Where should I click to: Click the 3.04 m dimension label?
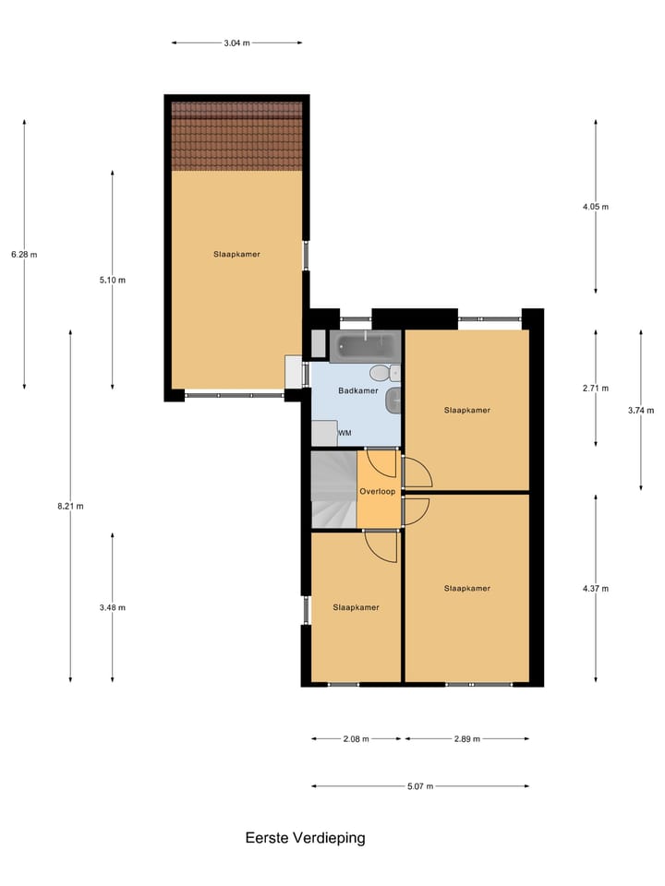click(236, 42)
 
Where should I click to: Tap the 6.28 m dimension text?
click(24, 255)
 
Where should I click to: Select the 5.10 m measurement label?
click(113, 281)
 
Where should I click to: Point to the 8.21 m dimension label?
click(70, 506)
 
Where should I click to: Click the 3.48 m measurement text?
click(113, 607)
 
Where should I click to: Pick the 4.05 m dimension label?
click(596, 207)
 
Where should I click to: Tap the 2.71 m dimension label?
click(596, 389)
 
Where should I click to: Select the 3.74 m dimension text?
click(641, 410)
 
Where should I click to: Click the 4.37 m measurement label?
click(596, 588)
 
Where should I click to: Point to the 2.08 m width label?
click(356, 739)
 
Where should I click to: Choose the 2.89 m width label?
click(466, 739)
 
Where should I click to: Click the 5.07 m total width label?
click(420, 786)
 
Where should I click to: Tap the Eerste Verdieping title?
click(305, 838)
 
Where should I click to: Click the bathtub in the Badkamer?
click(366, 347)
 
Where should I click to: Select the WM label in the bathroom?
click(345, 433)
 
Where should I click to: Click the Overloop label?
click(377, 491)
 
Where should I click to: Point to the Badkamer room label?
click(358, 391)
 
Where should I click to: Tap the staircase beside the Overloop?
click(332, 491)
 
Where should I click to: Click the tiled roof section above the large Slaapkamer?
click(236, 135)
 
